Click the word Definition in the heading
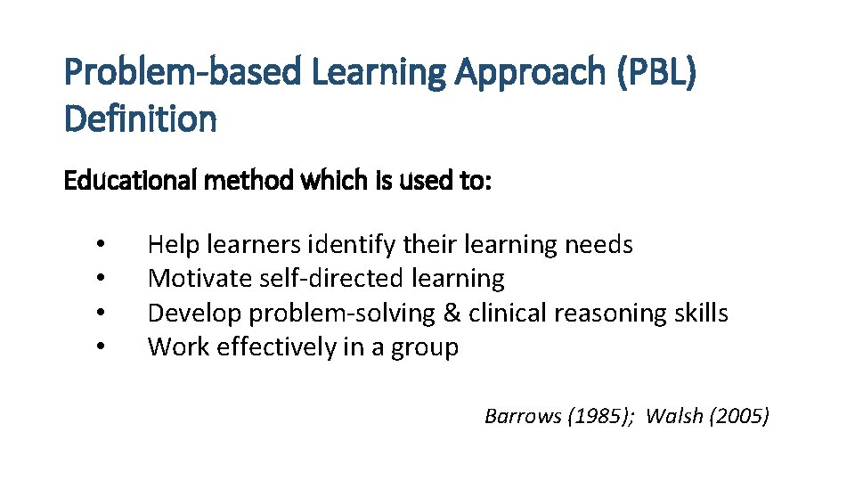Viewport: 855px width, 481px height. pyautogui.click(x=140, y=118)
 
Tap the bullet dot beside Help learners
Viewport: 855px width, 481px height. pyautogui.click(x=102, y=245)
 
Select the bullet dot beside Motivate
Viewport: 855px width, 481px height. pyautogui.click(x=102, y=279)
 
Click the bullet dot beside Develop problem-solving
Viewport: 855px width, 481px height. pyautogui.click(x=102, y=314)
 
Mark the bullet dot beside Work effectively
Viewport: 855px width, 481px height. pyautogui.click(x=102, y=347)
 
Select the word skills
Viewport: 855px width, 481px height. pyautogui.click(x=700, y=314)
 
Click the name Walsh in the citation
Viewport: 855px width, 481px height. pyautogui.click(x=676, y=415)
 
